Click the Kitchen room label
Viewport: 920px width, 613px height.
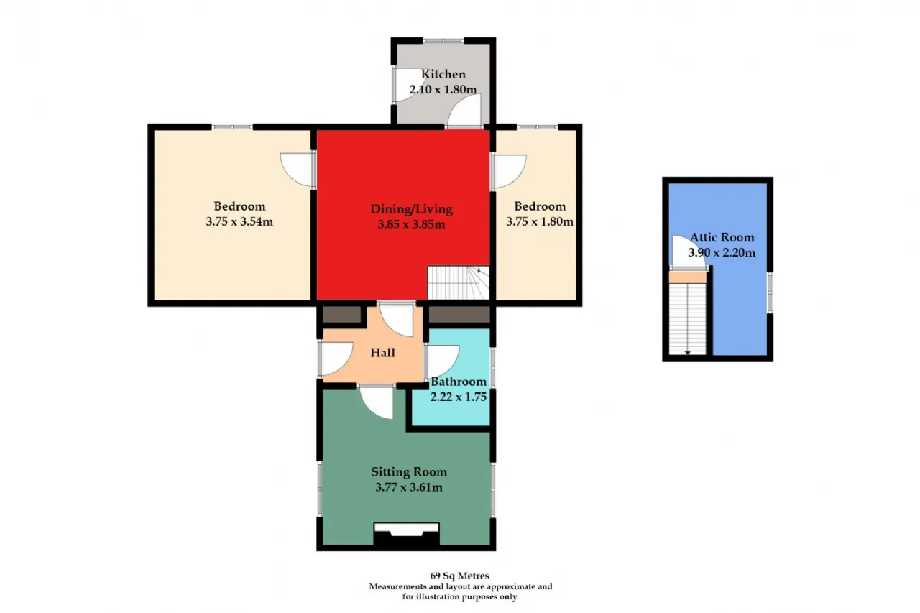click(443, 74)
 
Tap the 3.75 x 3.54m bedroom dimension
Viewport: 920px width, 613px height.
click(239, 222)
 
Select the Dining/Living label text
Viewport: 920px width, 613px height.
click(412, 209)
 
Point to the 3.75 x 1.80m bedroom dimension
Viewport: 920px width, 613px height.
click(540, 222)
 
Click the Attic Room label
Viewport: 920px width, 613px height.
click(722, 237)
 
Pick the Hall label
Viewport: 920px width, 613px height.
click(383, 353)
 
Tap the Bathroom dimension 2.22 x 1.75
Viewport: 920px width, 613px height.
click(459, 397)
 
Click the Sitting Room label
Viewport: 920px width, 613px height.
click(409, 472)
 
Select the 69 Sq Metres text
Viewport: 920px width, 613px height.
click(459, 576)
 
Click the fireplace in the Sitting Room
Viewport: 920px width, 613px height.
click(406, 534)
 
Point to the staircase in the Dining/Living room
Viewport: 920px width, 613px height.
click(459, 283)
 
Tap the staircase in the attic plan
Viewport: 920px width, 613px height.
click(688, 319)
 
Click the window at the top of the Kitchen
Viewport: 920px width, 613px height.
click(443, 41)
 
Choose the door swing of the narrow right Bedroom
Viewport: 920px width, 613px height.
click(510, 171)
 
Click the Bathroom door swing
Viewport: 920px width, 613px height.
click(443, 361)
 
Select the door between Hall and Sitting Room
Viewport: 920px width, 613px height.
click(377, 402)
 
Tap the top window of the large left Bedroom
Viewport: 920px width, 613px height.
click(232, 127)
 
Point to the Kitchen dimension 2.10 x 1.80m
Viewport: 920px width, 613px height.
click(443, 90)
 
